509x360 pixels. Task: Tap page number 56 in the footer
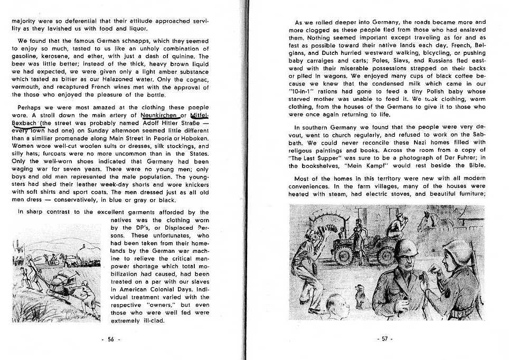pyautogui.click(x=110, y=339)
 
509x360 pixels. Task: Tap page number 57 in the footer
pyautogui.click(x=387, y=339)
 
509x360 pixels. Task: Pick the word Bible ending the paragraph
pyautogui.click(x=473, y=165)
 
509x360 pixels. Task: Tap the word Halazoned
pyautogui.click(x=130, y=79)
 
